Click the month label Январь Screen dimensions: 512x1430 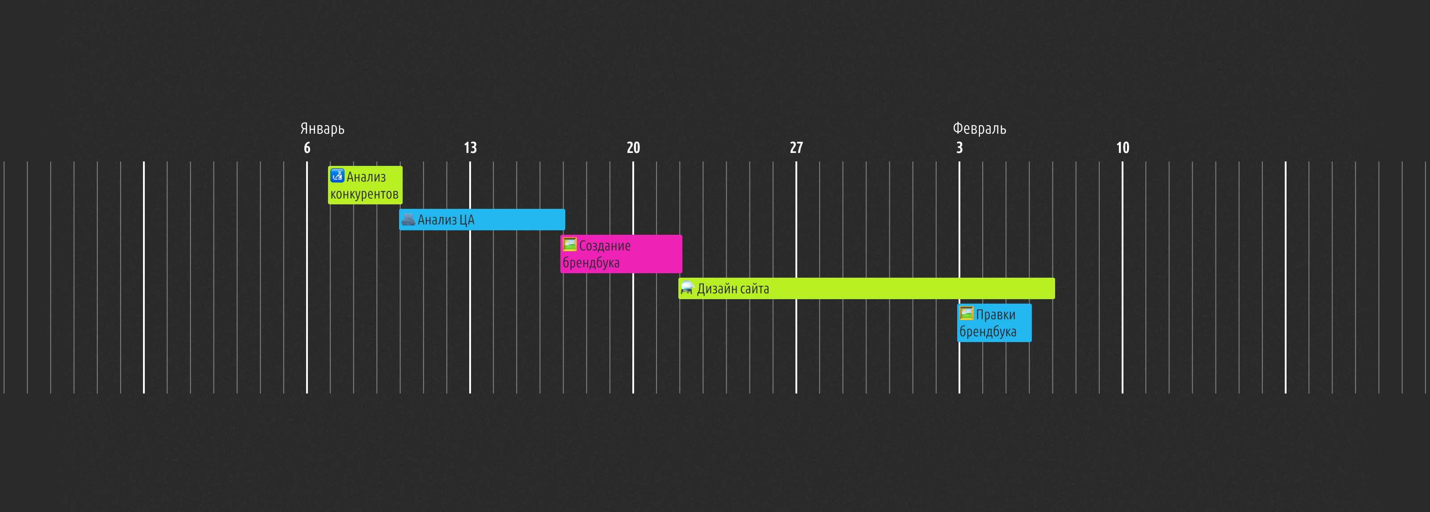pos(322,129)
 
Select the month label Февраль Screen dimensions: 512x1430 pos(979,129)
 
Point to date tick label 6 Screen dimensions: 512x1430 pos(307,148)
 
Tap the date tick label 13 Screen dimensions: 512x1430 pos(470,148)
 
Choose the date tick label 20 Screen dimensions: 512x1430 pos(633,148)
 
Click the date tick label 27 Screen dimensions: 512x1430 pos(796,148)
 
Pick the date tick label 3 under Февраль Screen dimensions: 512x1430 pos(959,148)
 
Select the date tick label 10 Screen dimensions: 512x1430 pos(1123,148)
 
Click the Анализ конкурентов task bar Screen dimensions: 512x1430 pos(365,185)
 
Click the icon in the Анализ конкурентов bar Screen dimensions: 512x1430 pos(337,175)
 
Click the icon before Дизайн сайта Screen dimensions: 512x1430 pos(687,288)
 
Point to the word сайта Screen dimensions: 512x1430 pos(754,289)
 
